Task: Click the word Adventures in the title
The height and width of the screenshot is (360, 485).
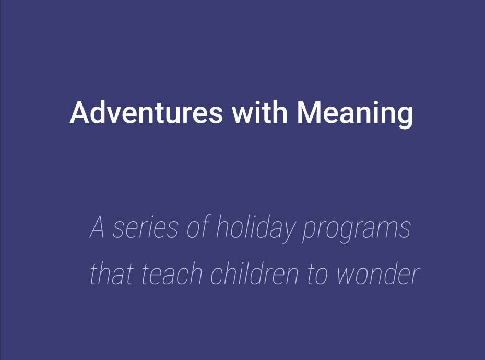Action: (146, 112)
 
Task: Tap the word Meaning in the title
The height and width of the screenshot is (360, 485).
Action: (355, 114)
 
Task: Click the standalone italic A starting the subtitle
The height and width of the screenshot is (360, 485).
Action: (97, 227)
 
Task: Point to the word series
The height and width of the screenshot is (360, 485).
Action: (145, 227)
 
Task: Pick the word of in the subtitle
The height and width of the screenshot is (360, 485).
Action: (198, 226)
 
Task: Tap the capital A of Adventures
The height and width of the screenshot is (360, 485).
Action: (80, 112)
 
